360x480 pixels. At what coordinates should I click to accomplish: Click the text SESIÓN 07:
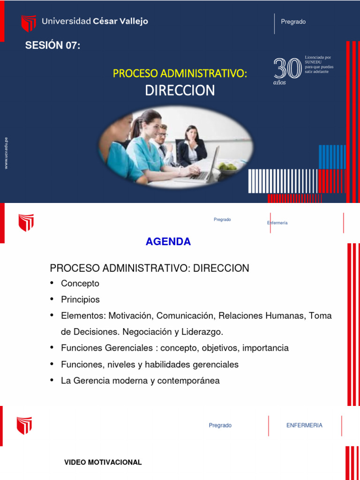coord(52,45)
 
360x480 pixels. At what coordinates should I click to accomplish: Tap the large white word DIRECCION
coord(180,90)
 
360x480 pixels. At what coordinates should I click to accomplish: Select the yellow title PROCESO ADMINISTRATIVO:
coord(180,73)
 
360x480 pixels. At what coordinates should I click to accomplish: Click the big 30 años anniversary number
coord(287,69)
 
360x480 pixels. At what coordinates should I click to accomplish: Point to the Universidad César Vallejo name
coord(95,21)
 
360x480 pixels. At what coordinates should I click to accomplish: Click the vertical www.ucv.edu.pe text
coord(6,153)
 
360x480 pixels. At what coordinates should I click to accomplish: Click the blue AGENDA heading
coord(168,242)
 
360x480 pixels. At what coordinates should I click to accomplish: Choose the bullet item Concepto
coord(80,284)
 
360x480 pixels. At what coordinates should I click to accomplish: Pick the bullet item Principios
coord(80,300)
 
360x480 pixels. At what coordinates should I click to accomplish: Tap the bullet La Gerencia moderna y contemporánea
coord(140,381)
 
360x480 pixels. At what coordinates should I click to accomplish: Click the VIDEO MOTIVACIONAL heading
coord(103,463)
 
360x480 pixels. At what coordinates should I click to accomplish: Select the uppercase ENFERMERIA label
coord(304,425)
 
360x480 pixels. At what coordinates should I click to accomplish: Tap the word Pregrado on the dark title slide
coord(293,22)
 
